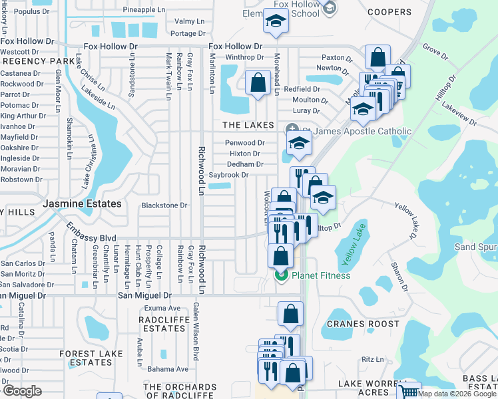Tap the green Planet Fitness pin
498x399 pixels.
click(x=281, y=275)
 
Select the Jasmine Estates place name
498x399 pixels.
click(x=83, y=203)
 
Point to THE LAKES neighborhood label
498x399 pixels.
click(x=248, y=125)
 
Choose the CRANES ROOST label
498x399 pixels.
click(x=360, y=324)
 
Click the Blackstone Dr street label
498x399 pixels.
click(x=164, y=205)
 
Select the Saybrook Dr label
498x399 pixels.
click(x=228, y=175)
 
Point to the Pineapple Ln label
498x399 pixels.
click(x=144, y=10)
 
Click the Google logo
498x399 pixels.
click(x=22, y=391)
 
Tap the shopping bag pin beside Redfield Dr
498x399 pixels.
click(x=258, y=83)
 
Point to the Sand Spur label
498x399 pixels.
click(x=475, y=247)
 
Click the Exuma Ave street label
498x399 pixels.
click(x=164, y=309)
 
